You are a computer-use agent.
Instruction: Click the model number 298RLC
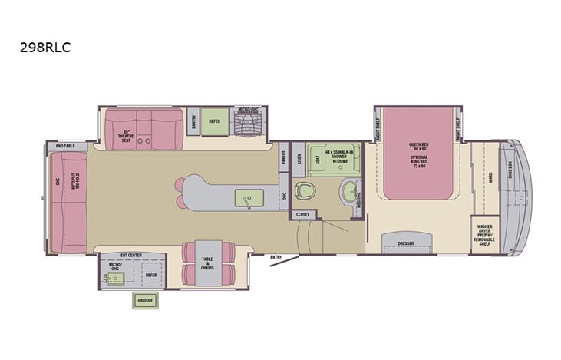(x=45, y=45)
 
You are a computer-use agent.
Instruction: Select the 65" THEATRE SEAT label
(x=128, y=136)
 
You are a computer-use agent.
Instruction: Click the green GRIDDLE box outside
(x=144, y=300)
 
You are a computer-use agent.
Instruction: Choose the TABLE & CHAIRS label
(x=207, y=263)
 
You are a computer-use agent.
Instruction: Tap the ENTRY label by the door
(x=276, y=257)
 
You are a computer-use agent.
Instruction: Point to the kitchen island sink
(x=249, y=199)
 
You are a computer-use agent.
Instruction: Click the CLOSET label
(x=302, y=214)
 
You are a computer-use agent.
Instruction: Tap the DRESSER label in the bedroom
(x=406, y=243)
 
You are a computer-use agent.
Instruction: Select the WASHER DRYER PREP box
(x=484, y=233)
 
